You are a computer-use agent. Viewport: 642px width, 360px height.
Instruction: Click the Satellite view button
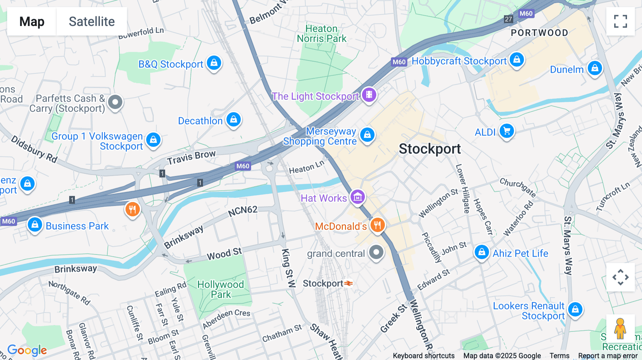[x=92, y=21]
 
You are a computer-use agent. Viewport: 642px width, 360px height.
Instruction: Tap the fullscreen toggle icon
[x=620, y=21]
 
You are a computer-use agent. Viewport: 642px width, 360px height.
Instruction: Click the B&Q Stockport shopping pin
[x=214, y=63]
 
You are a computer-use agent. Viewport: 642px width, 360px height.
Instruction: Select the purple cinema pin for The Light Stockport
[x=369, y=95]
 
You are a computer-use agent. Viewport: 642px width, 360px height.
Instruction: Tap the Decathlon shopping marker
[x=234, y=120]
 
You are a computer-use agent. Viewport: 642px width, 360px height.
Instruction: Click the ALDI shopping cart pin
[x=506, y=131]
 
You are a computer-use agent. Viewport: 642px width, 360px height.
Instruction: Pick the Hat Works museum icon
[x=358, y=197]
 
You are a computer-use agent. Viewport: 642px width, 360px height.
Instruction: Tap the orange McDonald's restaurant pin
[x=377, y=225]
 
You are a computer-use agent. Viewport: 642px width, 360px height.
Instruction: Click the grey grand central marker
[x=376, y=253]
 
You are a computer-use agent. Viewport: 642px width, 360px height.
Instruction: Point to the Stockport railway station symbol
[x=349, y=283]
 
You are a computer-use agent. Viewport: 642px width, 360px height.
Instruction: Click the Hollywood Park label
[x=220, y=289]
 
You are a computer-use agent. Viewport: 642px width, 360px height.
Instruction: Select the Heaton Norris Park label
[x=321, y=34]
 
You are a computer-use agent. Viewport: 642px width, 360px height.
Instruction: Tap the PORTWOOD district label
[x=539, y=33]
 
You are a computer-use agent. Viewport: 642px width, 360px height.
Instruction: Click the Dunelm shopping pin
[x=595, y=68]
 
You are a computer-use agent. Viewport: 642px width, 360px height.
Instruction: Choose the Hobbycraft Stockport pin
[x=517, y=60]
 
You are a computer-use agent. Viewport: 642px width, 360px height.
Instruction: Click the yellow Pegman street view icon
[x=620, y=329]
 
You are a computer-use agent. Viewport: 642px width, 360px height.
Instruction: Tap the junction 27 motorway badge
[x=508, y=19]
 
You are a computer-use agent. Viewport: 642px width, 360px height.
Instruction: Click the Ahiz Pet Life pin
[x=481, y=252]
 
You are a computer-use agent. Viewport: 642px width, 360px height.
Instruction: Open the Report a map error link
[x=608, y=356]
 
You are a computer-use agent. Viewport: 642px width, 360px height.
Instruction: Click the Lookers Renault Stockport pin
[x=575, y=309]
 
